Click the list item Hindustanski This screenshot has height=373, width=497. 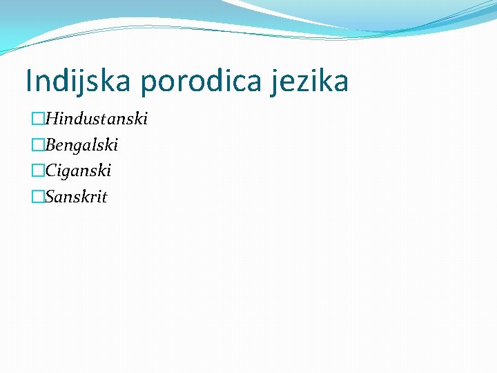[96, 119]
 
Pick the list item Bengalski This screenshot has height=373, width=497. [81, 145]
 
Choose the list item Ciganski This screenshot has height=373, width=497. [78, 171]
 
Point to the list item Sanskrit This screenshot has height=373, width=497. [76, 197]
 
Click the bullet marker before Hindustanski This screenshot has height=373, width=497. [37, 119]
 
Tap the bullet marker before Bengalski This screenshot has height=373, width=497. [37, 146]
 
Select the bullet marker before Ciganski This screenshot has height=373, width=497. [37, 171]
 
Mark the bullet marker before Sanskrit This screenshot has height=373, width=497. [37, 198]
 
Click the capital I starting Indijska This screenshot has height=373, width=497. [28, 81]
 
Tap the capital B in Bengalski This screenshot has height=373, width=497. [50, 145]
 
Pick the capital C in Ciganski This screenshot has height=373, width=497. [50, 171]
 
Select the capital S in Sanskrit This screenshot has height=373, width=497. [50, 197]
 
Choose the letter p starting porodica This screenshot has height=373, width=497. [147, 84]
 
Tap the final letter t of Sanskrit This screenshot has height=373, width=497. [104, 198]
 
